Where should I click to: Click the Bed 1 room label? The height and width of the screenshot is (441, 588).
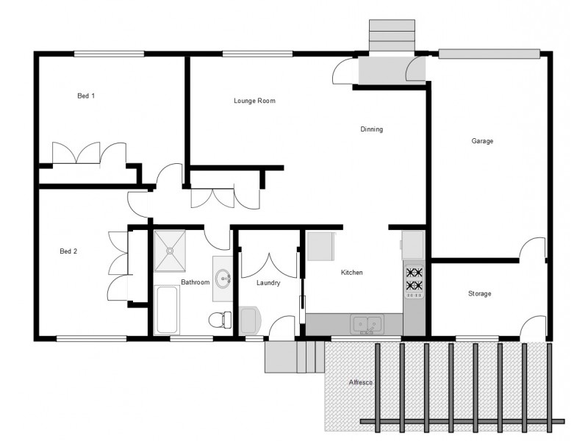click(87, 96)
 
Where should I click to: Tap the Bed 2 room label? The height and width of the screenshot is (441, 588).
click(68, 251)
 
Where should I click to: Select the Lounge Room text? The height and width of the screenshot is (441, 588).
click(254, 101)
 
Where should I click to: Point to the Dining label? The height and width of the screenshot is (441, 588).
click(371, 129)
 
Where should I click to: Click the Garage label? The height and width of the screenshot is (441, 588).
click(482, 140)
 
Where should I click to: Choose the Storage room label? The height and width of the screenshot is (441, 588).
click(479, 294)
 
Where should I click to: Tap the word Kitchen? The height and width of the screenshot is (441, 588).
click(351, 273)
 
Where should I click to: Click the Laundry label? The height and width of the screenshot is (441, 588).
click(269, 282)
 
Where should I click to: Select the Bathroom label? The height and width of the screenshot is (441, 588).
click(196, 282)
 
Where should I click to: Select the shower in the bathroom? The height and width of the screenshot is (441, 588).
click(171, 250)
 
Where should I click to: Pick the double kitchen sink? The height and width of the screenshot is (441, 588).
click(366, 323)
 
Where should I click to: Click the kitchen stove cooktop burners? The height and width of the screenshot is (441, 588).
click(414, 279)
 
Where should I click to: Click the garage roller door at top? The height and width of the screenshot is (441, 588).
click(489, 53)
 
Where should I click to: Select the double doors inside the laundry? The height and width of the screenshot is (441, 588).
click(269, 265)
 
